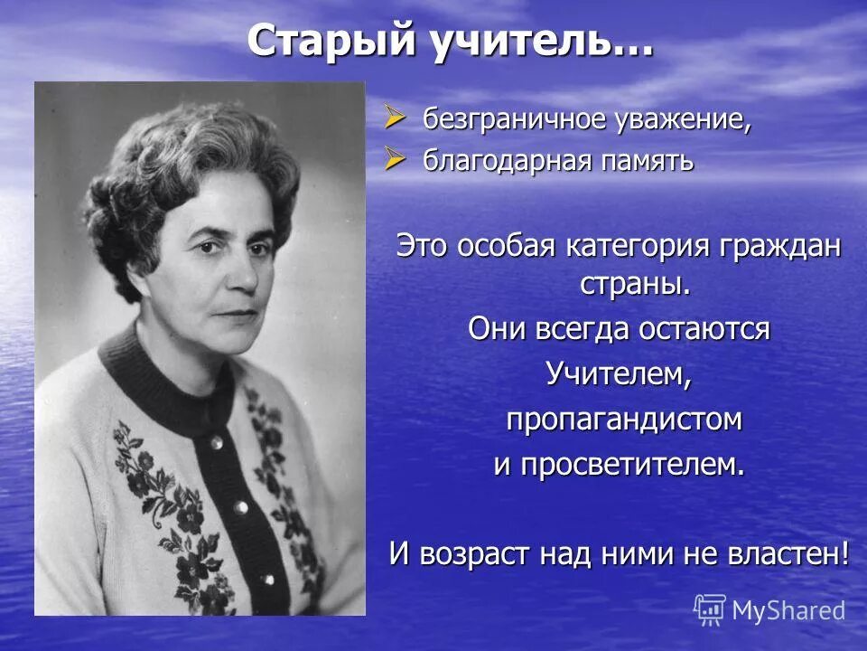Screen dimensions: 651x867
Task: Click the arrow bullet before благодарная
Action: click(x=395, y=159)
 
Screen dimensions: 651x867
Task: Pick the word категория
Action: click(x=633, y=247)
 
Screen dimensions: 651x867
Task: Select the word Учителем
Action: click(x=619, y=374)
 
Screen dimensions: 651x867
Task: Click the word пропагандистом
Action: click(x=623, y=420)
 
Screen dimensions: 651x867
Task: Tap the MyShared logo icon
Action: click(x=709, y=609)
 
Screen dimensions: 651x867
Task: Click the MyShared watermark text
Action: click(x=788, y=610)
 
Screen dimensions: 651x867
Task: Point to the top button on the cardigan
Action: click(x=216, y=442)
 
